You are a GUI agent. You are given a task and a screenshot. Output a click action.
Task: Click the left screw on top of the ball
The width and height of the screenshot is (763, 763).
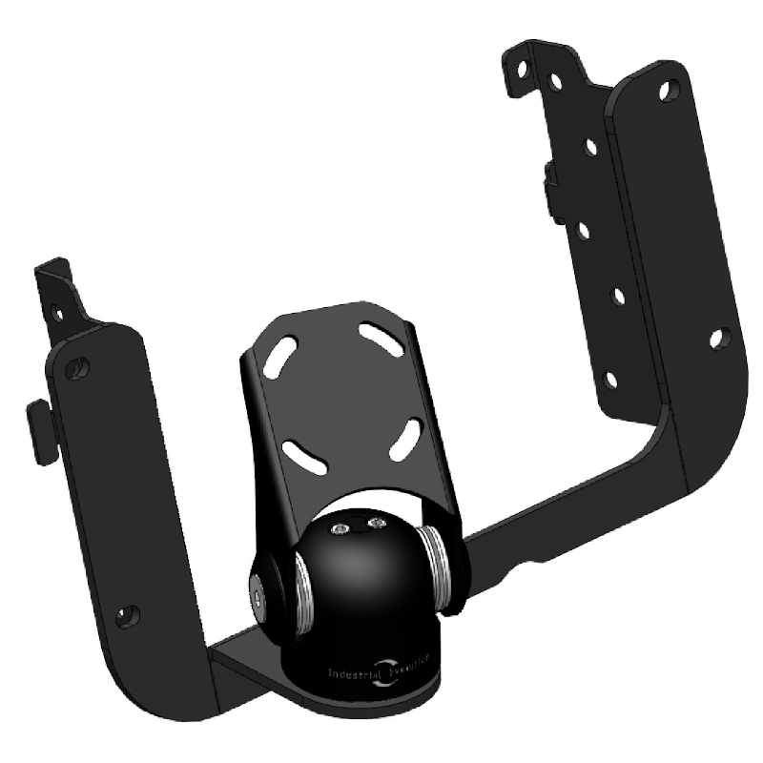click(340, 527)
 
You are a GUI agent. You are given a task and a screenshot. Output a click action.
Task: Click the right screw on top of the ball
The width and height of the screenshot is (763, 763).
click(376, 523)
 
